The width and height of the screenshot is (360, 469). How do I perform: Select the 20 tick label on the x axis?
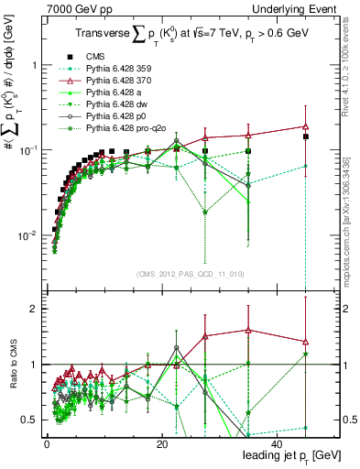tap(161, 444)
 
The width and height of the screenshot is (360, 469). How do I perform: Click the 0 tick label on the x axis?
tap(47, 444)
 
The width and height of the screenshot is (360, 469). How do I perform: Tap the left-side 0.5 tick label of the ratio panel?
tap(29, 420)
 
